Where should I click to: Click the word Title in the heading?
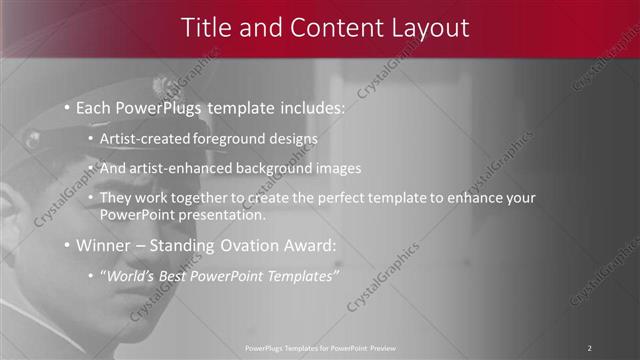206,28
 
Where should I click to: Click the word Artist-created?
142,138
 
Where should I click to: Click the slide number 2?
589,347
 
